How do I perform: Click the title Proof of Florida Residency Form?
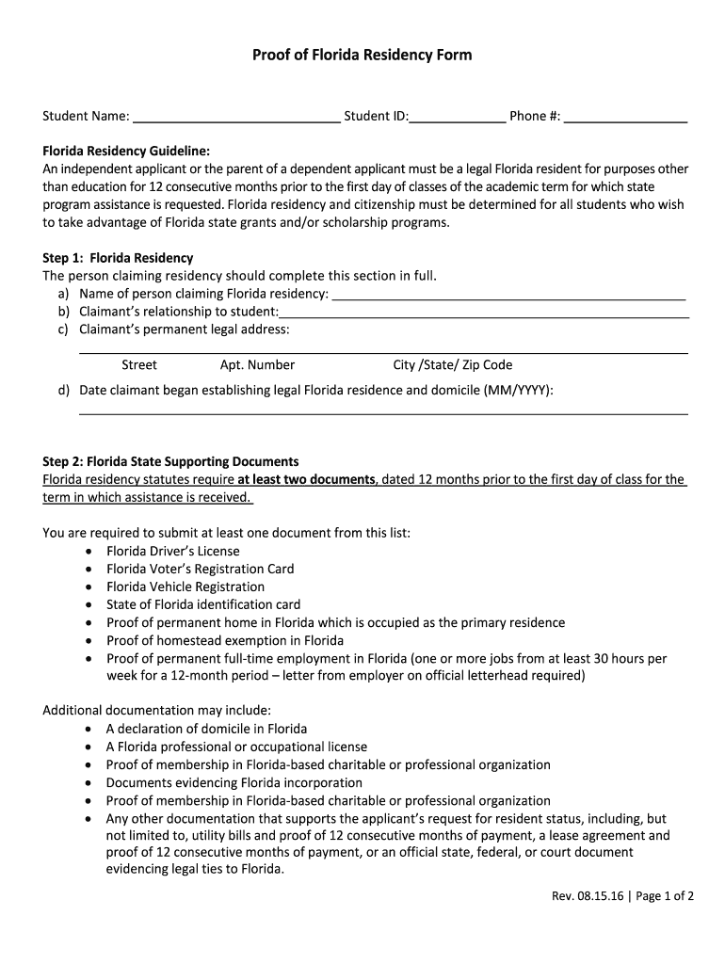click(362, 56)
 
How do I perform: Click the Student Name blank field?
click(236, 117)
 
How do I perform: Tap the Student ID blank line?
click(457, 117)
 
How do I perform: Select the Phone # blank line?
click(625, 117)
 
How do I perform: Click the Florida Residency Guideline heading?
click(126, 152)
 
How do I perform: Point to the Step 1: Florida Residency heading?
click(118, 258)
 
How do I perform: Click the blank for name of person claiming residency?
click(508, 295)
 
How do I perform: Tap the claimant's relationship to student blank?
click(484, 313)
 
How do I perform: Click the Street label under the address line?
click(139, 365)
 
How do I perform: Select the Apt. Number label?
click(257, 365)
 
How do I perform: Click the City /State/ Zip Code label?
click(452, 365)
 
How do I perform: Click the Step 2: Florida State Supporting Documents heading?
click(170, 462)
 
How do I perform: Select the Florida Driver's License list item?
click(172, 552)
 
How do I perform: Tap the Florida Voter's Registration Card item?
click(200, 570)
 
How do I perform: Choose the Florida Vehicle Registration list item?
click(185, 587)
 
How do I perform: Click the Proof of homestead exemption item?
click(211, 641)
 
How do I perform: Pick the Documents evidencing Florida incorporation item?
click(234, 783)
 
